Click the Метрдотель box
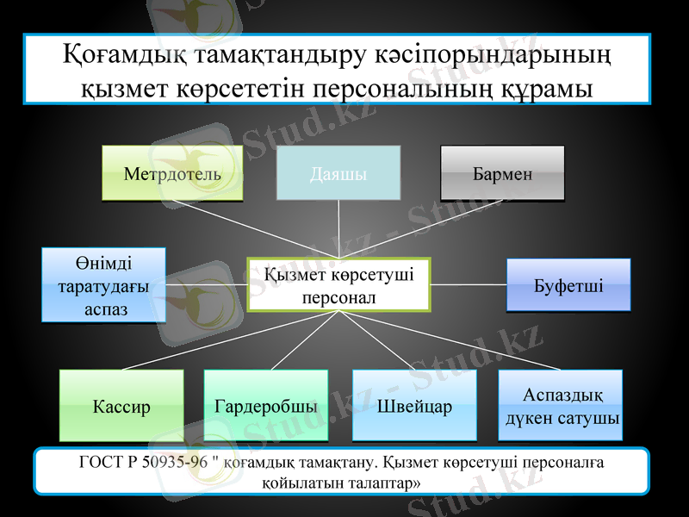[x=172, y=173]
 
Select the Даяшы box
[x=338, y=173]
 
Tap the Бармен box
[x=502, y=173]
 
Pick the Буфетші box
[x=568, y=284]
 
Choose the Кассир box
[x=121, y=406]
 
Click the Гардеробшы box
[x=266, y=406]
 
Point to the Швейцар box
[x=414, y=406]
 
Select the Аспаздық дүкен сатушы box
[x=561, y=406]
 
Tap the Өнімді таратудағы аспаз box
[x=104, y=285]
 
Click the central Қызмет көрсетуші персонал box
[x=338, y=284]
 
